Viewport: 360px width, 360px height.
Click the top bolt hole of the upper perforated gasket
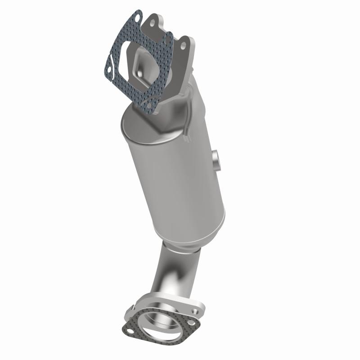click(136, 19)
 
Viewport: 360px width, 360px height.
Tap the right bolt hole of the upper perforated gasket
click(168, 38)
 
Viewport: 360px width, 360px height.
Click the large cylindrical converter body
click(175, 180)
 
